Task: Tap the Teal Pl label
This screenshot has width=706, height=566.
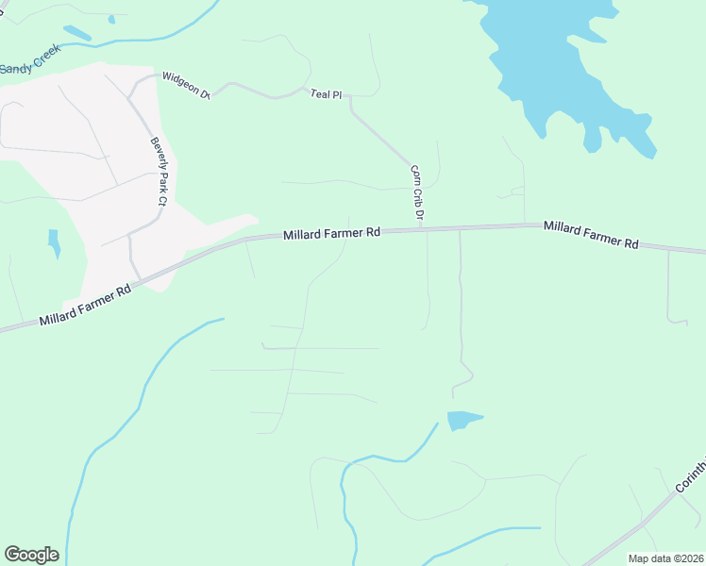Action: click(326, 93)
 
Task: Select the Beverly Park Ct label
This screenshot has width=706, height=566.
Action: click(158, 172)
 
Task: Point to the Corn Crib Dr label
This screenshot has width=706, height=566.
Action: click(415, 195)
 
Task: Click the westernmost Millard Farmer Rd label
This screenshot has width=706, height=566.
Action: click(85, 307)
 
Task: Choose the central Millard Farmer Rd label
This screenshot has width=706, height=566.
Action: click(331, 232)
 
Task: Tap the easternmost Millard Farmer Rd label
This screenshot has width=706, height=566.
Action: click(591, 236)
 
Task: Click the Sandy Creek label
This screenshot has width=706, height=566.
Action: click(28, 63)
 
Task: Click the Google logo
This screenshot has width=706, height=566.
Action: click(31, 555)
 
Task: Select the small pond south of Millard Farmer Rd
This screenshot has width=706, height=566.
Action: click(462, 420)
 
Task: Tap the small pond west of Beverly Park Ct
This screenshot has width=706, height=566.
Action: click(54, 242)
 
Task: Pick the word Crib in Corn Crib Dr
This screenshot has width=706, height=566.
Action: click(415, 197)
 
